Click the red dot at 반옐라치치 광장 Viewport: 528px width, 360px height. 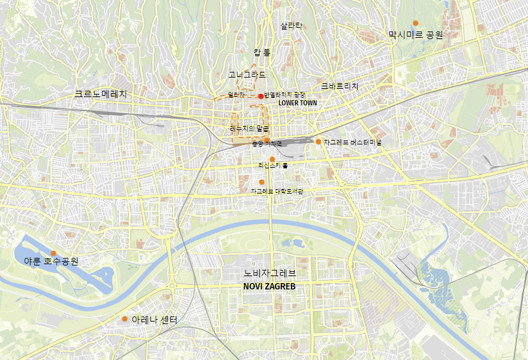(x=261, y=96)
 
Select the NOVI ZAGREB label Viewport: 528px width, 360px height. (x=269, y=286)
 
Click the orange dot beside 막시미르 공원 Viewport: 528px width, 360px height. (x=415, y=23)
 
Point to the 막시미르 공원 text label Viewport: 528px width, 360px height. (x=415, y=35)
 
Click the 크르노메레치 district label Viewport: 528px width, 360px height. (x=101, y=94)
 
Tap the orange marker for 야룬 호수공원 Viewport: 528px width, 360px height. (x=54, y=253)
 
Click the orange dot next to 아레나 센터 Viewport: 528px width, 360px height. (x=125, y=318)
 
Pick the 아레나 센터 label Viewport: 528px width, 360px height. (x=155, y=320)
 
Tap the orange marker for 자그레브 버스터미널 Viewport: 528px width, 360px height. (x=319, y=142)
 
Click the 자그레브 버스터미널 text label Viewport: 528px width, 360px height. (x=352, y=142)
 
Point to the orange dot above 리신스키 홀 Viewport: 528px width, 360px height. (x=272, y=159)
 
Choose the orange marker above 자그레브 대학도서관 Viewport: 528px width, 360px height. (x=262, y=182)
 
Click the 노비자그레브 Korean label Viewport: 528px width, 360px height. (x=269, y=274)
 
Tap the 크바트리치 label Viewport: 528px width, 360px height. (x=339, y=86)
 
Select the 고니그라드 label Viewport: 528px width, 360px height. (x=247, y=74)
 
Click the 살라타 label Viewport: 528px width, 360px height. (x=291, y=26)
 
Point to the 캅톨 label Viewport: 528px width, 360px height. (x=262, y=52)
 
